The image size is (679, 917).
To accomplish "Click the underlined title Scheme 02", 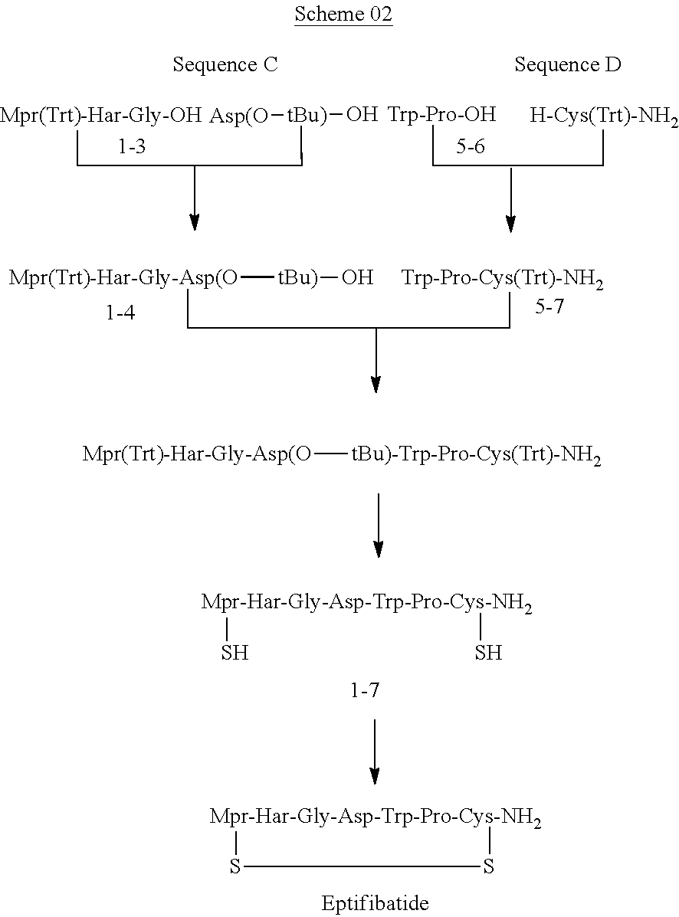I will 343,15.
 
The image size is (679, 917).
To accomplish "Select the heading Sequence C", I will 225,65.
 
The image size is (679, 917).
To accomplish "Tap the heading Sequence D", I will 567,65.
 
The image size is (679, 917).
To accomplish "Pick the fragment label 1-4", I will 121,313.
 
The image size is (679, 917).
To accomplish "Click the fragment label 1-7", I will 364,691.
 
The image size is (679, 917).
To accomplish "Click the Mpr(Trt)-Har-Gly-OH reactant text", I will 101,116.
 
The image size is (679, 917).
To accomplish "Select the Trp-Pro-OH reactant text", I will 442,116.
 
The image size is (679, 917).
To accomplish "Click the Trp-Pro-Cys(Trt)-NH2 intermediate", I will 503,278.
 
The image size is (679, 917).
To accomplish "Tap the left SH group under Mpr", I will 234,653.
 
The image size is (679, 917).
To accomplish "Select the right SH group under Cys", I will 488,653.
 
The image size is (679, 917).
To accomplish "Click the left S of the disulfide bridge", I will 236,867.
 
